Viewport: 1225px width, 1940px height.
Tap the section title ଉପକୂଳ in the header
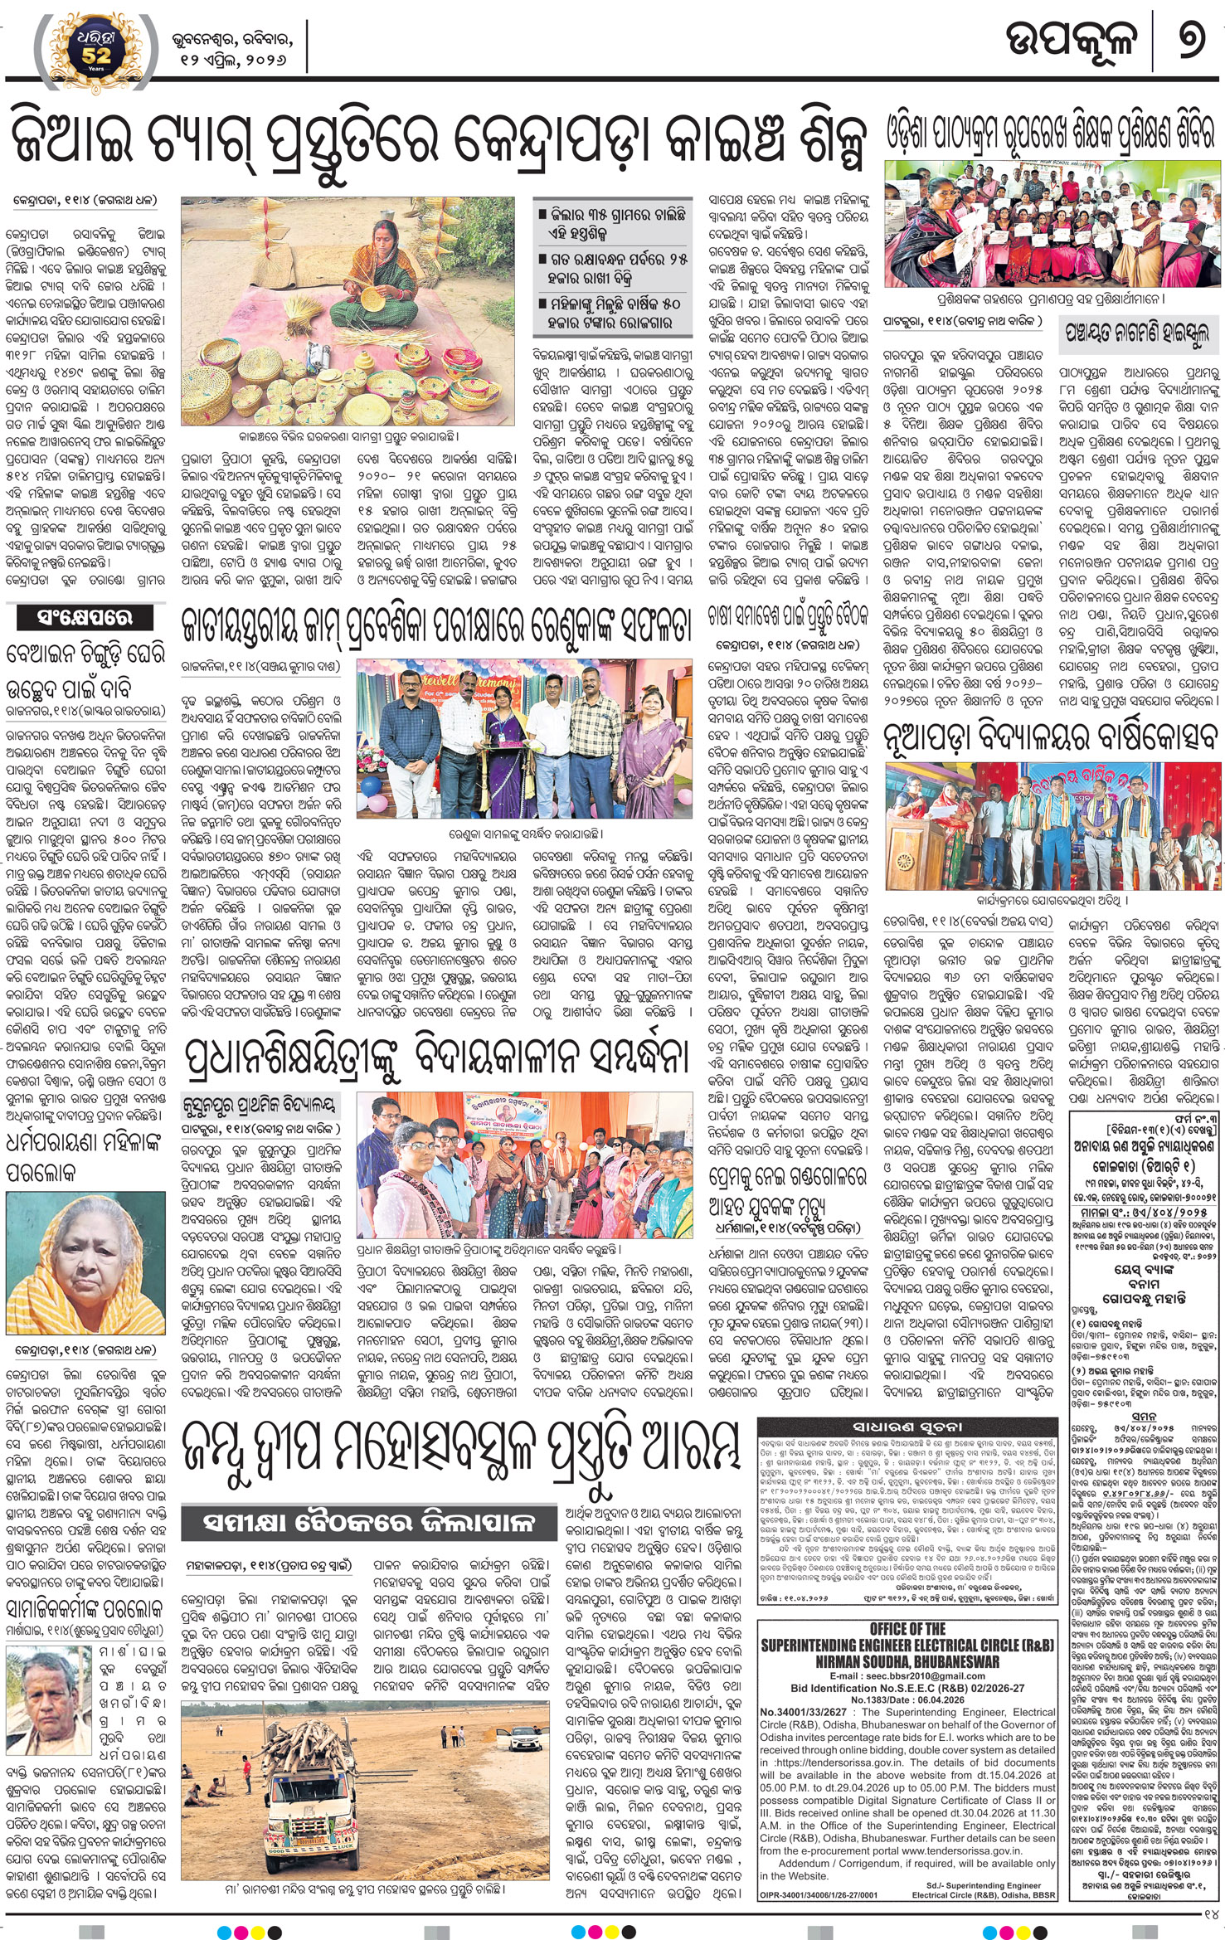coord(1070,40)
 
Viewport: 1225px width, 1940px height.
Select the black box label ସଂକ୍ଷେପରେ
coord(74,616)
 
